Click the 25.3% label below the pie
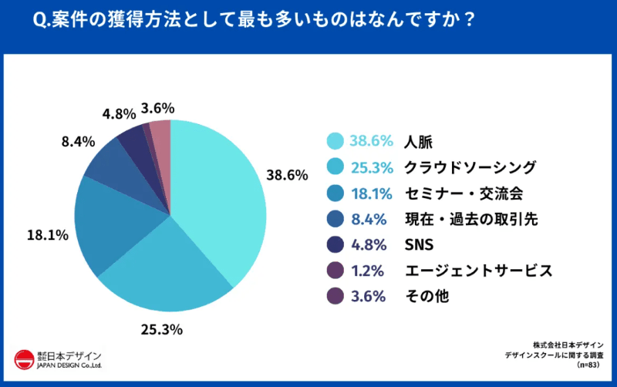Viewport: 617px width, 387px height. click(x=161, y=330)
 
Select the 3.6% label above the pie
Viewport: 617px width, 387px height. click(x=157, y=108)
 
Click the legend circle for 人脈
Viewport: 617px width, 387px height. click(x=335, y=141)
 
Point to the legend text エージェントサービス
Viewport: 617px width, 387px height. click(x=478, y=271)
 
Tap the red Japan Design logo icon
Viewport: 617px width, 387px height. click(x=25, y=359)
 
